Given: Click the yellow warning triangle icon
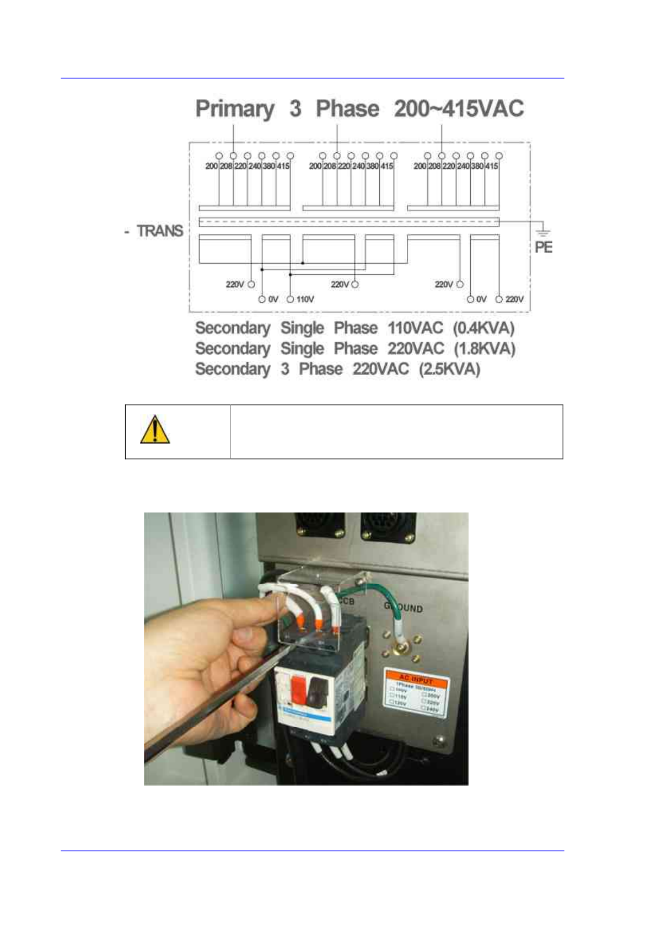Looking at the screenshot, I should [x=155, y=430].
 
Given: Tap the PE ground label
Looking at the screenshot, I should [x=543, y=247].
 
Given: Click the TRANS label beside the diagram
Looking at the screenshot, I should [x=160, y=231].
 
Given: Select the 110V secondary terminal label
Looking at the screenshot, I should [x=305, y=299].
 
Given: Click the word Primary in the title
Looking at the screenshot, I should [x=235, y=109].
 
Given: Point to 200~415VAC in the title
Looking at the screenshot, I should [x=459, y=109].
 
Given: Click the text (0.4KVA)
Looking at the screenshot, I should [x=483, y=328].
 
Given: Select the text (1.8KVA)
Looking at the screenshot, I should [x=484, y=349].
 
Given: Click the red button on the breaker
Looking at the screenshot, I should [x=298, y=690].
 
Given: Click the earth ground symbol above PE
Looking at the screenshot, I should [x=543, y=232].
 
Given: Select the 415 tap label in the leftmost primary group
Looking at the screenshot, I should [x=283, y=166].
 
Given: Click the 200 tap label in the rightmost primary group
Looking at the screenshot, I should [x=420, y=166].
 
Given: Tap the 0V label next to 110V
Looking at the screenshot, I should [x=273, y=299].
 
